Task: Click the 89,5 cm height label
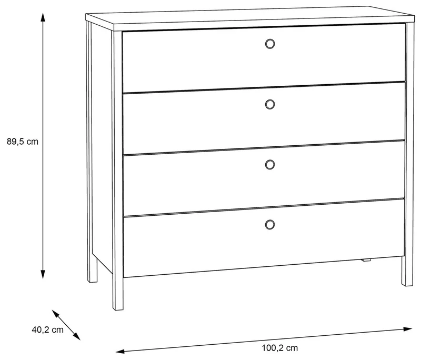23,142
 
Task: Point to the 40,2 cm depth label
48,329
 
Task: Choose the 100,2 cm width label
280,348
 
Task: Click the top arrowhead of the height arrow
43,17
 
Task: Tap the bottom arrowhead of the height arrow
43,274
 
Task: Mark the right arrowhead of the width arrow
408,329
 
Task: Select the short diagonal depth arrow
66,325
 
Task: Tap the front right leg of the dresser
407,271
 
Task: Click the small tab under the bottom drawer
366,259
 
